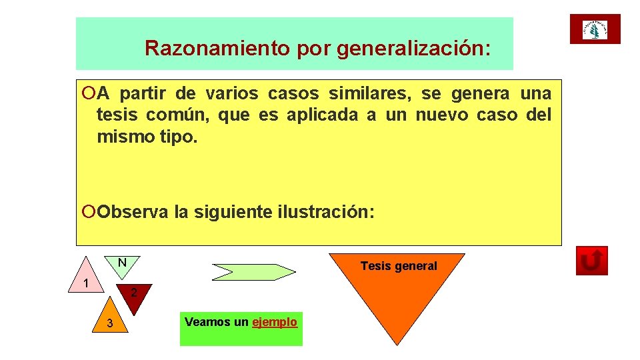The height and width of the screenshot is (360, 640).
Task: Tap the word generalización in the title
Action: (x=414, y=48)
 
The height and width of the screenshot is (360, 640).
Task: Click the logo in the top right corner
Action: (x=595, y=29)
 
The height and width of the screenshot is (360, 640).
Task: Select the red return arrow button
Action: (x=591, y=261)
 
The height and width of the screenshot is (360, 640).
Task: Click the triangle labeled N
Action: (x=122, y=263)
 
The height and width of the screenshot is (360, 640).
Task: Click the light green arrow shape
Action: (x=253, y=271)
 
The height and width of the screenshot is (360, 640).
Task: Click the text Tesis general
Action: (x=399, y=266)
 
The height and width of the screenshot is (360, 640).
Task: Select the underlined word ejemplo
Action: (x=275, y=322)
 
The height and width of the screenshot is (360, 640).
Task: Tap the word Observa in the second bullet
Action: (x=133, y=212)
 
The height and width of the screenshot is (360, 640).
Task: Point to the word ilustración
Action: (x=325, y=212)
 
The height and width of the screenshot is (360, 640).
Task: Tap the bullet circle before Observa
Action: (x=91, y=212)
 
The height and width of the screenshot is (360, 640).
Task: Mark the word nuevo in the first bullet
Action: (x=441, y=115)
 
